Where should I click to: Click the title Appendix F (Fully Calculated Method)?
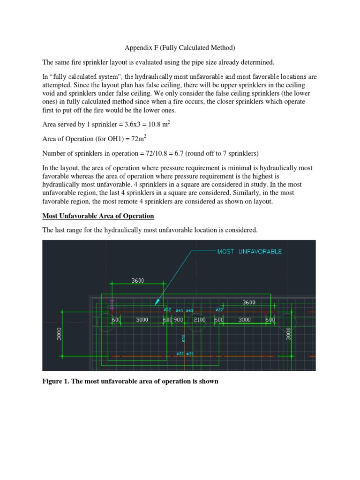pyautogui.click(x=179, y=47)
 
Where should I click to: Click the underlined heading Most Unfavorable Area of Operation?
pyautogui.click(x=98, y=216)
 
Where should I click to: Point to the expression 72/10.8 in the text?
pyautogui.click(x=156, y=153)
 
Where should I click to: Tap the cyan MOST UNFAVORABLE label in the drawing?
pyautogui.click(x=249, y=251)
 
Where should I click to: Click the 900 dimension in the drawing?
pyautogui.click(x=179, y=319)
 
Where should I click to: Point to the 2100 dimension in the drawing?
pyautogui.click(x=199, y=319)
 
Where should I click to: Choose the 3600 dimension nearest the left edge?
pyautogui.click(x=137, y=280)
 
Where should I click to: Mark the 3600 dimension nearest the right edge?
pyautogui.click(x=249, y=302)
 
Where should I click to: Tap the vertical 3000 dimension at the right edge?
pyautogui.click(x=289, y=334)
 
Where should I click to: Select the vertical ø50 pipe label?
pyautogui.click(x=183, y=337)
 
